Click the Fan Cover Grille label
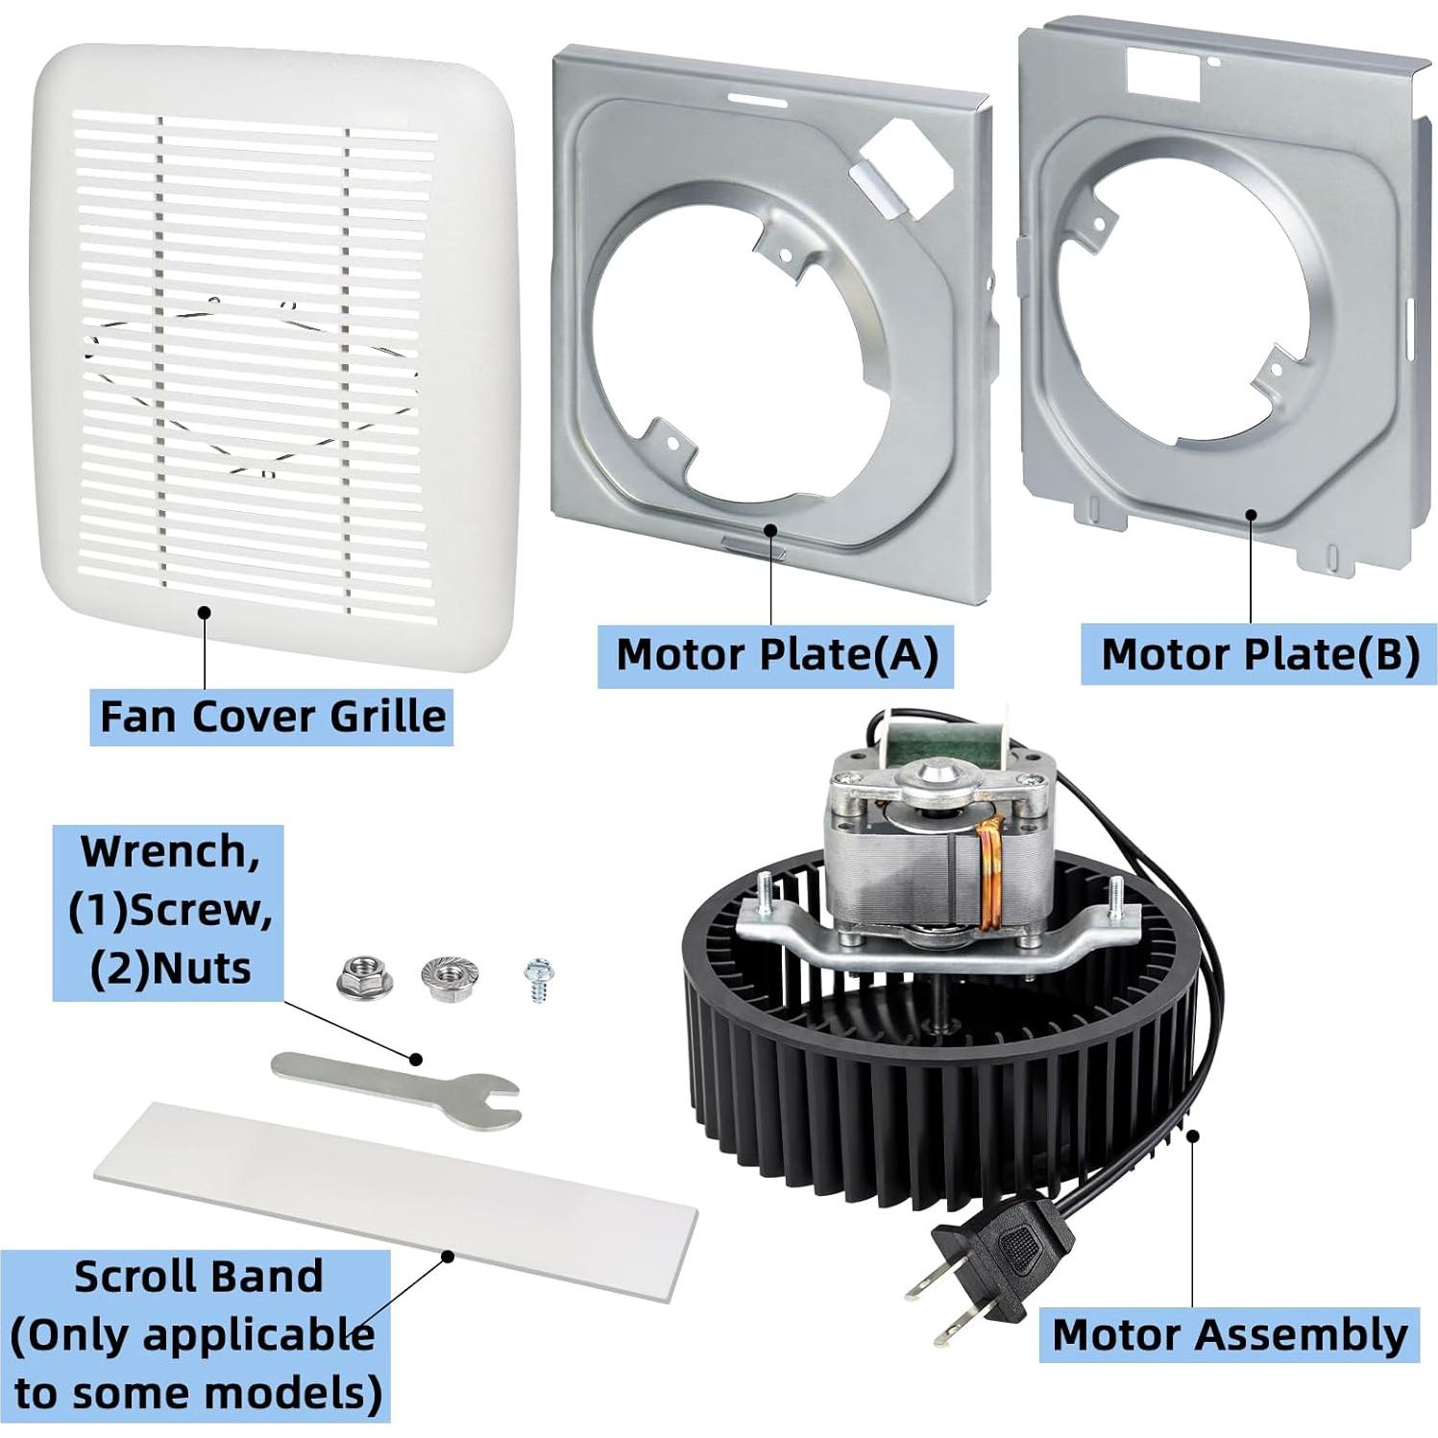(x=273, y=717)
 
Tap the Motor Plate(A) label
(x=776, y=655)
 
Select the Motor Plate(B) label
(x=1259, y=655)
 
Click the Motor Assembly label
(x=1230, y=1334)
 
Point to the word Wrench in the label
(x=169, y=851)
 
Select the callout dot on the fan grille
(x=203, y=611)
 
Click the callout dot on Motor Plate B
(x=1251, y=513)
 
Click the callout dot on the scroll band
(x=447, y=1255)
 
